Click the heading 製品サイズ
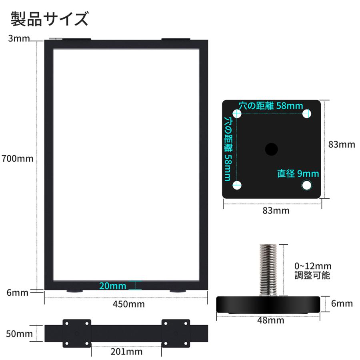tap(49, 19)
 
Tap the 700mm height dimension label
tap(17, 158)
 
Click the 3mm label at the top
tap(18, 39)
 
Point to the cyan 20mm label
tap(112, 286)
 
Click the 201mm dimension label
tap(126, 352)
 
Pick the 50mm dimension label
tap(19, 333)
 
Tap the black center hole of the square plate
tap(271, 149)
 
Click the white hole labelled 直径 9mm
tap(307, 185)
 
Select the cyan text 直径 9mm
tap(298, 174)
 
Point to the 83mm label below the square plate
tap(276, 210)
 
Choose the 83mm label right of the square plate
tap(342, 144)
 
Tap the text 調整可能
tap(312, 276)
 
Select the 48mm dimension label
tap(271, 320)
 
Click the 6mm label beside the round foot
tap(342, 304)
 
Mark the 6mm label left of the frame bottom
tap(18, 292)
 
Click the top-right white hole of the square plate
tap(307, 113)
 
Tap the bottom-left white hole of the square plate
tap(238, 185)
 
